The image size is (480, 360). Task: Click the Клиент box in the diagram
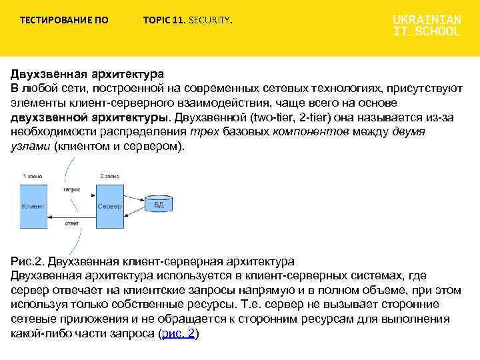(33, 206)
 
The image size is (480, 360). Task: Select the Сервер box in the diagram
(110, 206)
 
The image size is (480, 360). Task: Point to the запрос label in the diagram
(71, 189)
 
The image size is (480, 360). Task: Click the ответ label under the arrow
(72, 223)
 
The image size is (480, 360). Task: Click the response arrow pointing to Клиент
(71, 216)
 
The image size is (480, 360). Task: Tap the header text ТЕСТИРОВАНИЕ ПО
(64, 20)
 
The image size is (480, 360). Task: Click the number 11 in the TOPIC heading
(178, 20)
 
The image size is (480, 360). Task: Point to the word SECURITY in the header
(210, 20)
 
